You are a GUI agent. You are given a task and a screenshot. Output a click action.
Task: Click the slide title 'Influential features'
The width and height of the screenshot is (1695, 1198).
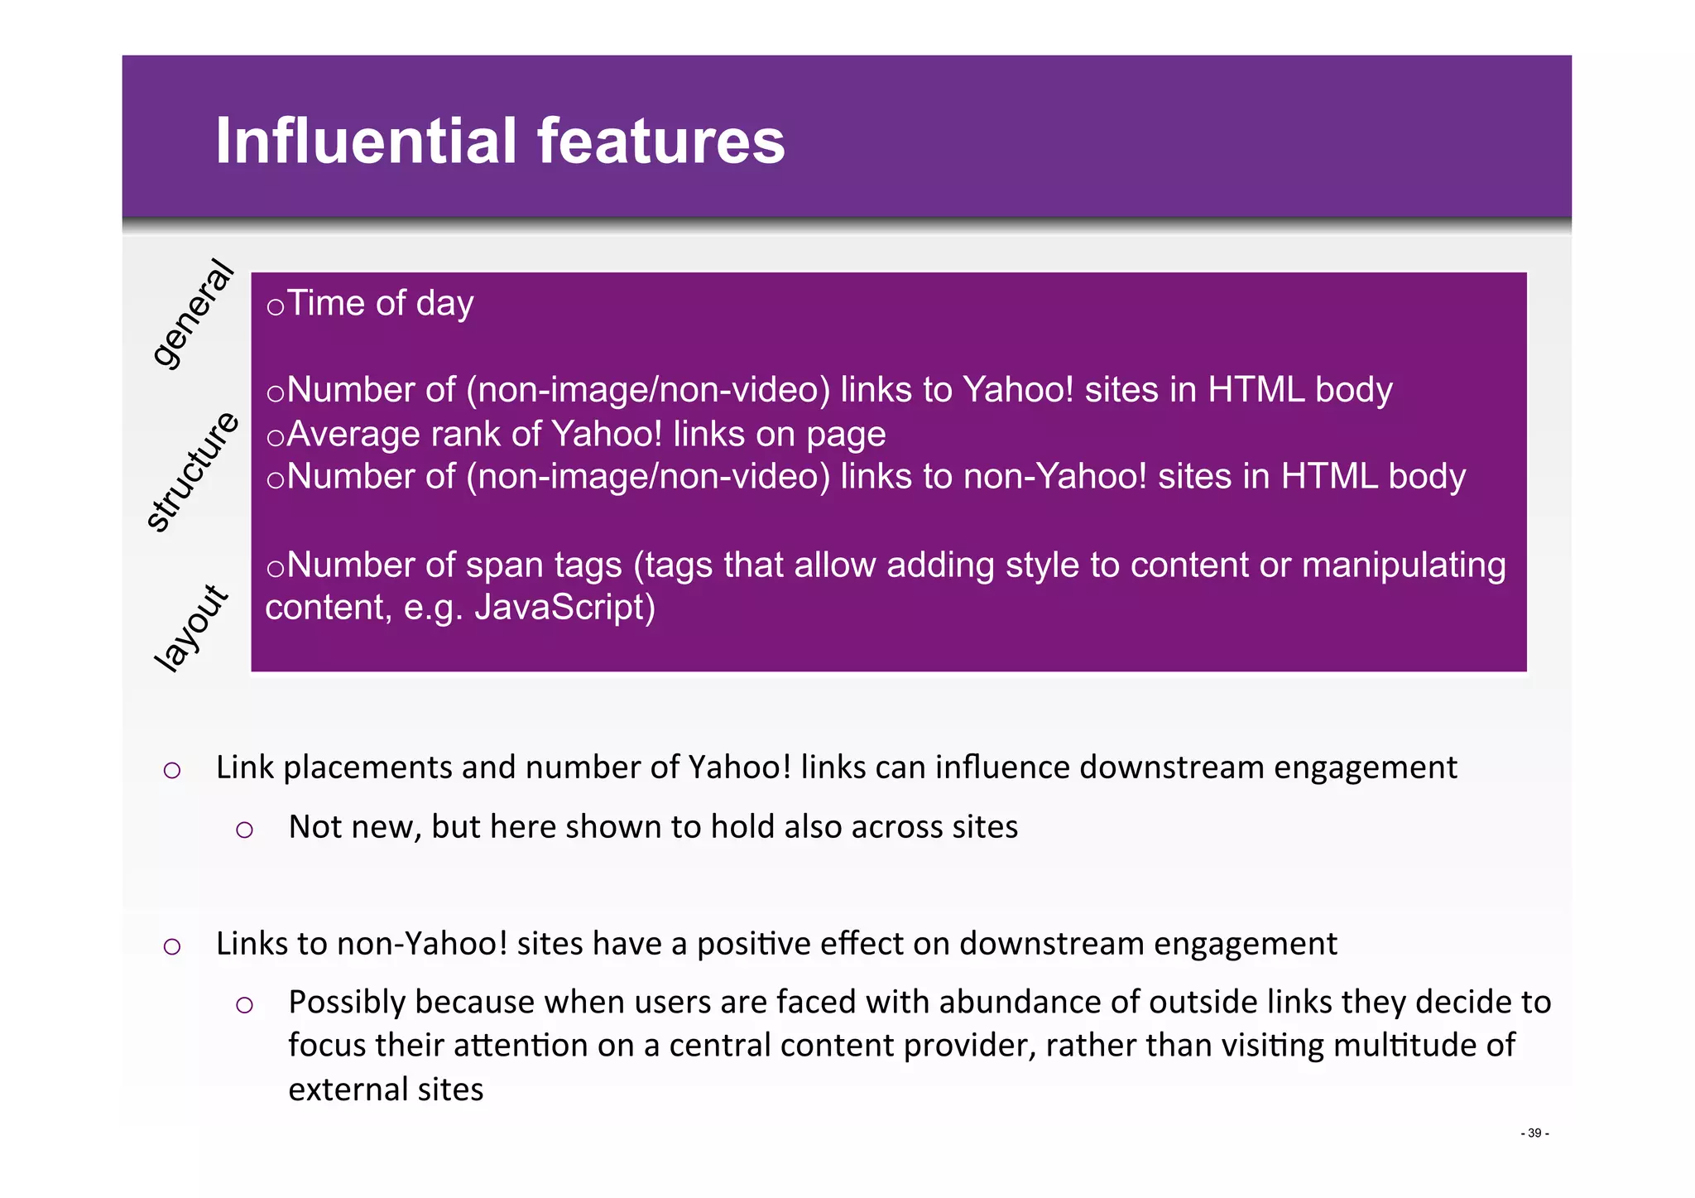click(x=500, y=141)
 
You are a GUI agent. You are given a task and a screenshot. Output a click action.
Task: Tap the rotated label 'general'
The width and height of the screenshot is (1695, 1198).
click(x=193, y=313)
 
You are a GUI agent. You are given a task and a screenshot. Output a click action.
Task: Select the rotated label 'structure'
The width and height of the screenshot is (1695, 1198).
click(x=193, y=471)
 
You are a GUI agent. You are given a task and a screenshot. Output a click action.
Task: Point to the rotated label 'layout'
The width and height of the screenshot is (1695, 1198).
click(x=191, y=628)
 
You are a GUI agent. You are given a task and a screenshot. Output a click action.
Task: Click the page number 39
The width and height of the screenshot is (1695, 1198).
click(x=1534, y=1133)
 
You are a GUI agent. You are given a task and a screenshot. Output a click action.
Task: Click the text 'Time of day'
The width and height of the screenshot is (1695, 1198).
click(x=380, y=303)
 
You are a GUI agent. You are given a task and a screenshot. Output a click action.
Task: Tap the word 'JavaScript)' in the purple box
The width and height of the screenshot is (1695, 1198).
click(x=564, y=607)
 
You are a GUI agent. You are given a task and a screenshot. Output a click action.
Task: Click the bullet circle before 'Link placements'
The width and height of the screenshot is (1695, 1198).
click(x=172, y=771)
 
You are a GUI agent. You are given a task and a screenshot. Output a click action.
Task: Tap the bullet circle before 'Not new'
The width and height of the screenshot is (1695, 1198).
click(x=244, y=830)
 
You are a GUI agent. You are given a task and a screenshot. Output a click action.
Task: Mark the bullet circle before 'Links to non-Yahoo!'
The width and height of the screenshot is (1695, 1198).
click(x=172, y=946)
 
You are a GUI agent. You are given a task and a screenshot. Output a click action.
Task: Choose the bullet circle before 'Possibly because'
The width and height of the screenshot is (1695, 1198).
click(x=244, y=1005)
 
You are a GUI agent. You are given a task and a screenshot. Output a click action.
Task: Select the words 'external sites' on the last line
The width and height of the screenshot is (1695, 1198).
click(x=386, y=1089)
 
